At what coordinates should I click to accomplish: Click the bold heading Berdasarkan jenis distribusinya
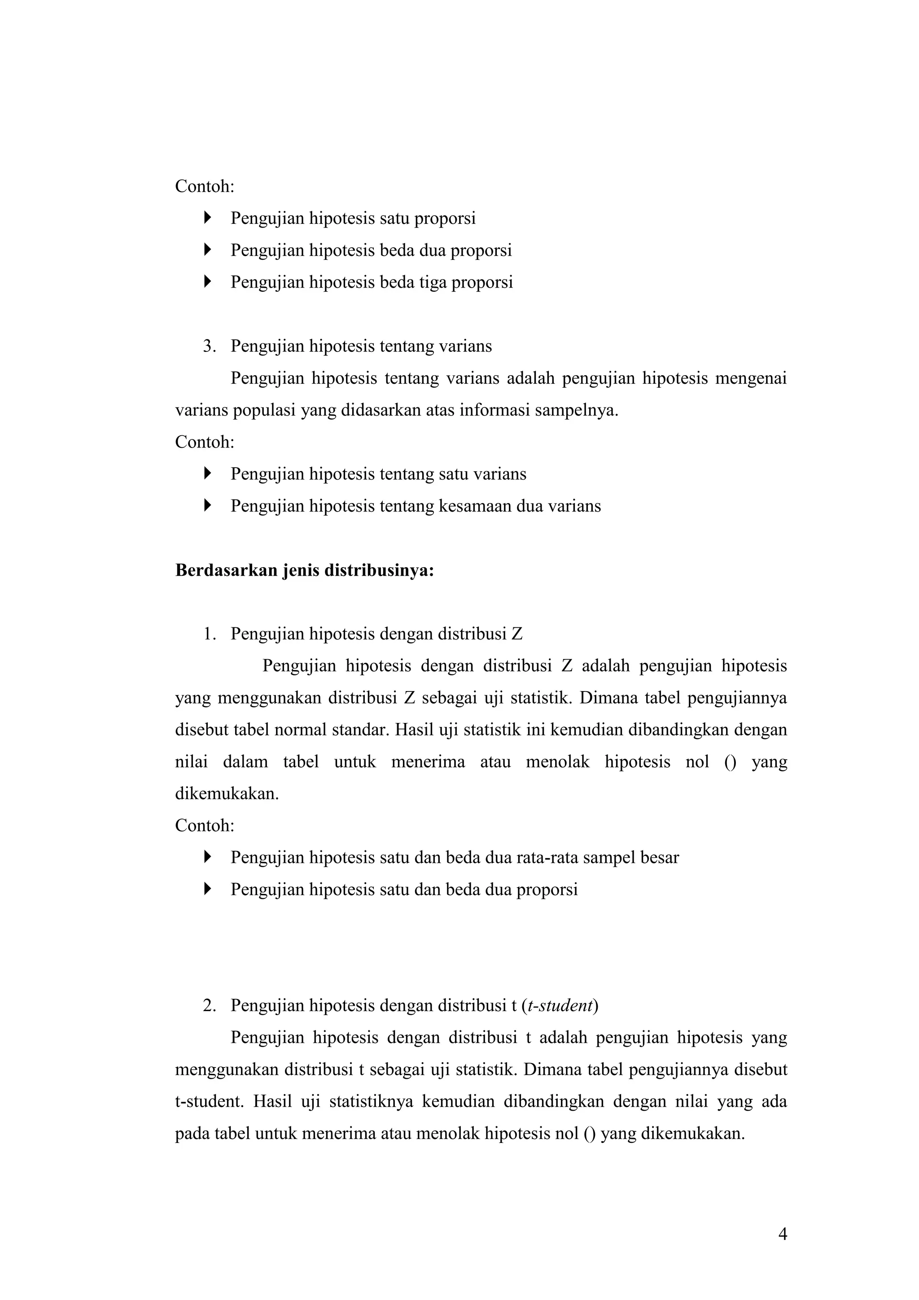pos(305,570)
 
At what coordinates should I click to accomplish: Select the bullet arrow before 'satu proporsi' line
pos(207,218)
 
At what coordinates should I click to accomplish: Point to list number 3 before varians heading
pos(209,346)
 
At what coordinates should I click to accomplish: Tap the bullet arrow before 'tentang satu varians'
pos(207,473)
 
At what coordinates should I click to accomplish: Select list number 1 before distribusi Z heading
pos(209,634)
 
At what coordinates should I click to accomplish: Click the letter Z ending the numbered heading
pos(516,634)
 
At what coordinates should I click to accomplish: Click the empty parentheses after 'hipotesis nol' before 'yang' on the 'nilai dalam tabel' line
pos(730,762)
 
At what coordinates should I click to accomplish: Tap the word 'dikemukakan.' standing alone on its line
pos(227,793)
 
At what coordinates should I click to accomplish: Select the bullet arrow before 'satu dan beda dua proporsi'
pos(207,889)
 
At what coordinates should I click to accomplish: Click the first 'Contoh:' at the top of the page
pos(205,186)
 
